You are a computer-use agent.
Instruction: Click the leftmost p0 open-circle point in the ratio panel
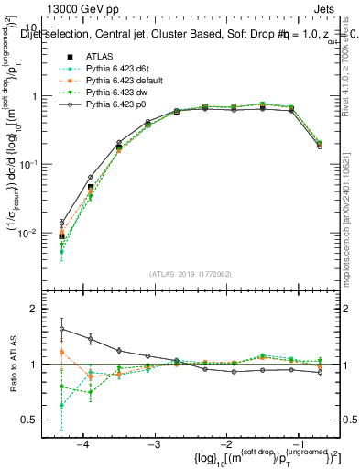(x=61, y=329)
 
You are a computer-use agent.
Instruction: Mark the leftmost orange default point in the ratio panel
(x=61, y=352)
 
